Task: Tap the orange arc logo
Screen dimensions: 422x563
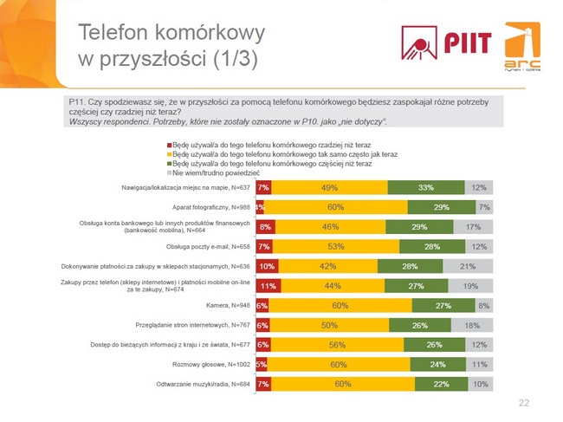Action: click(x=522, y=47)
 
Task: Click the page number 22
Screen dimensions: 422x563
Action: click(x=523, y=403)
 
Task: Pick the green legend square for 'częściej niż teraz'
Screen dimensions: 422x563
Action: click(x=169, y=163)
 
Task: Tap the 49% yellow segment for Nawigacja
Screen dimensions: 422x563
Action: click(x=329, y=187)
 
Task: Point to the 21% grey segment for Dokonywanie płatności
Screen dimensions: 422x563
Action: click(x=468, y=266)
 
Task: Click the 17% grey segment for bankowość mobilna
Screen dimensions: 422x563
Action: click(x=473, y=227)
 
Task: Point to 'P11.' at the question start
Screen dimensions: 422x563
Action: click(x=76, y=102)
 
